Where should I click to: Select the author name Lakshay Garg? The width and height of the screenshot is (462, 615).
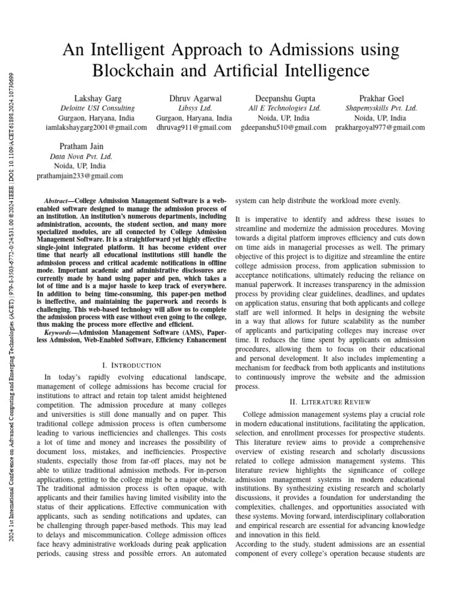96,98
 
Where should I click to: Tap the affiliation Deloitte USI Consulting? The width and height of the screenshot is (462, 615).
96,108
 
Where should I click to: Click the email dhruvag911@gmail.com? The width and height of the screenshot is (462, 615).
194,127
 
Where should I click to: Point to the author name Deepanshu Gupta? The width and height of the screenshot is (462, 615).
285,98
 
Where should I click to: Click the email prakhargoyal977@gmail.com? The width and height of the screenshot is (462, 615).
380,127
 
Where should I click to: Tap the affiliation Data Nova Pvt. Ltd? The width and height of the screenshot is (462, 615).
80,156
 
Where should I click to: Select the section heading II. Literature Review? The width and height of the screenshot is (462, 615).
330,401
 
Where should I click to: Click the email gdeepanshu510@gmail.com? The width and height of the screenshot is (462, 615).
284,127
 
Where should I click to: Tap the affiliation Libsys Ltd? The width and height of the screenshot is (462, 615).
194,108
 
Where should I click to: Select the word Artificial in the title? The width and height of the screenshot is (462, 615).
253,70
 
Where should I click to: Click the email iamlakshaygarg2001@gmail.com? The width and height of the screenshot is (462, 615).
96,127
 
